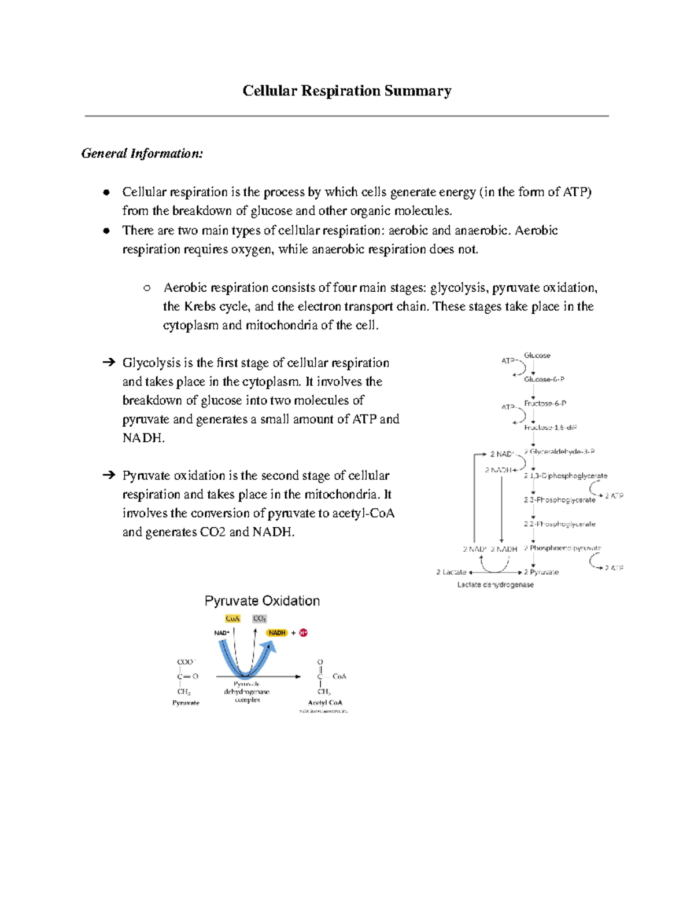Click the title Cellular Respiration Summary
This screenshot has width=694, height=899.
(x=346, y=91)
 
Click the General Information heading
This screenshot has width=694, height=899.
(x=142, y=153)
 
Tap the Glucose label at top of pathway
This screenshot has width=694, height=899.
(x=537, y=355)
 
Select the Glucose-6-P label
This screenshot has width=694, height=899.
(x=544, y=379)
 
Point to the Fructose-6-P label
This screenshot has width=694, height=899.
(x=545, y=403)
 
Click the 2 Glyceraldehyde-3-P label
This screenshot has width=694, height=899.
(x=559, y=452)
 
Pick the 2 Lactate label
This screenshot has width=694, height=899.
(x=451, y=572)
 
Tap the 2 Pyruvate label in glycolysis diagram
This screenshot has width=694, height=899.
(x=541, y=572)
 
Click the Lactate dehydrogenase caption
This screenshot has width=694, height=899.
(x=495, y=585)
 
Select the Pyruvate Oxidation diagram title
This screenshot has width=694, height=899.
(x=262, y=601)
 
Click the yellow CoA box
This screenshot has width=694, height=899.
(x=232, y=619)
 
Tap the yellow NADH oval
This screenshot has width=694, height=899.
(x=277, y=633)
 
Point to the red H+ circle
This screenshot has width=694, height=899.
(x=304, y=633)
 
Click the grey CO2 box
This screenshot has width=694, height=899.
(x=259, y=619)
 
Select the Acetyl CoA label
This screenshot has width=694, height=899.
(x=325, y=703)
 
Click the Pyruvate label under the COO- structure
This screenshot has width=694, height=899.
(x=186, y=703)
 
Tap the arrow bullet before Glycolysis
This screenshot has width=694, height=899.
(x=108, y=363)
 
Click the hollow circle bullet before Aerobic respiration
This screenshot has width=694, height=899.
(x=147, y=288)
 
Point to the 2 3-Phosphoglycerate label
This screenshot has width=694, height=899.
(x=559, y=500)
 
